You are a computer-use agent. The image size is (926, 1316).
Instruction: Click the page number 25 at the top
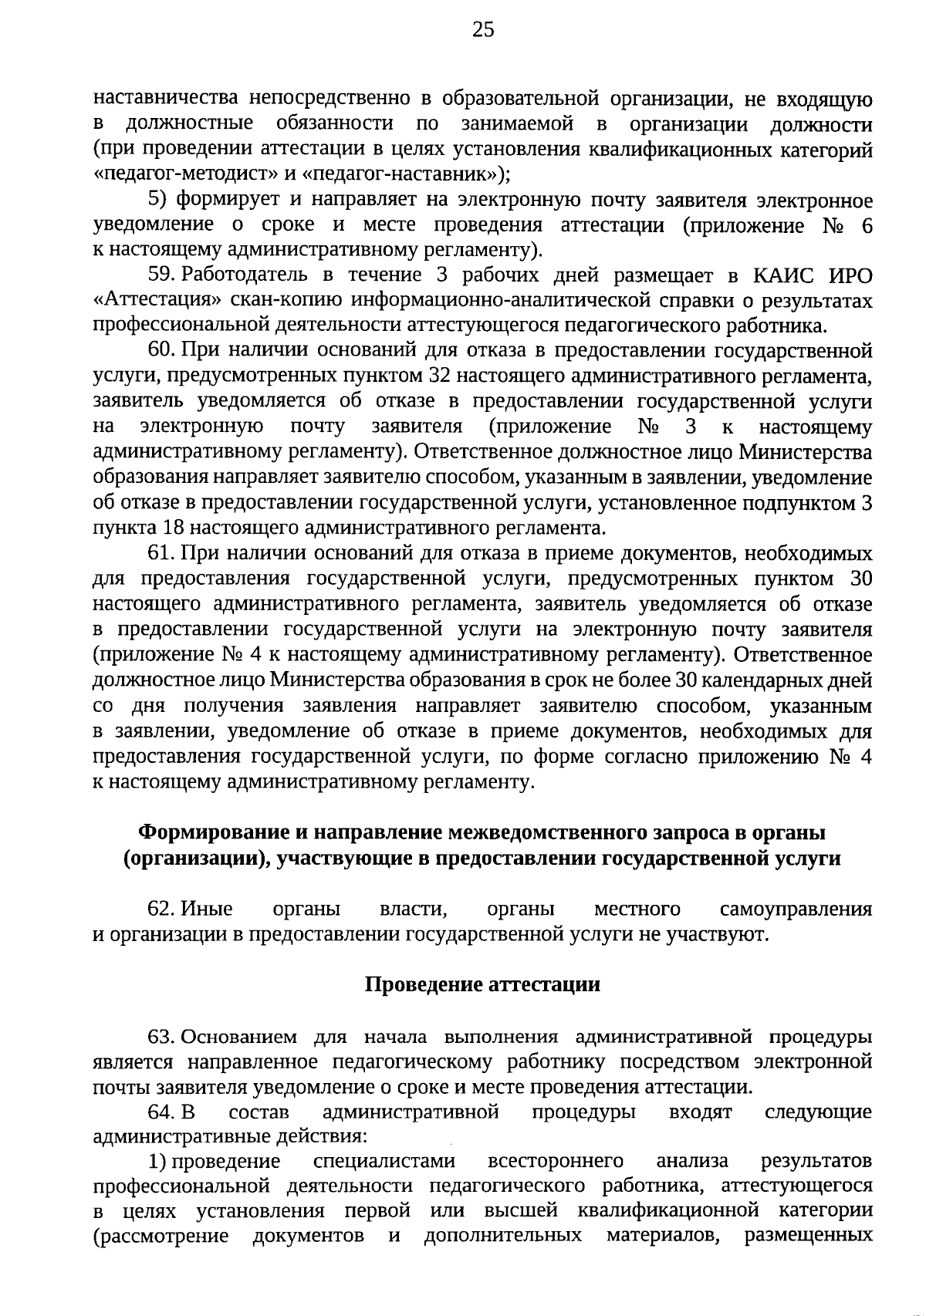pos(483,30)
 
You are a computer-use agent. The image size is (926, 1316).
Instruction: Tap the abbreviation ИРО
pos(849,275)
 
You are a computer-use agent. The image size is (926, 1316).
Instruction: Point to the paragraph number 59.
pos(160,275)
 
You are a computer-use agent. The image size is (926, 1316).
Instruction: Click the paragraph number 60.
pos(160,351)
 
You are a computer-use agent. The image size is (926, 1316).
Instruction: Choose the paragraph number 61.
pos(160,553)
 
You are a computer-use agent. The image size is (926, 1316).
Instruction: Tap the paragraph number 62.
pos(160,909)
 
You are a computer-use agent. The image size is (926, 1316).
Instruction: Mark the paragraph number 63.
pos(160,1036)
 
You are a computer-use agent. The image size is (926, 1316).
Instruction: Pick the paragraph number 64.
pos(160,1112)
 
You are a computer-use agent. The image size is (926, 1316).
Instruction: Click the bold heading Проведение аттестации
pos(482,985)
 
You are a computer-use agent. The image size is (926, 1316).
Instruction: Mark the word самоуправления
pos(796,909)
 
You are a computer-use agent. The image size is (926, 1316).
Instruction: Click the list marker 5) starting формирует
pos(158,201)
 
